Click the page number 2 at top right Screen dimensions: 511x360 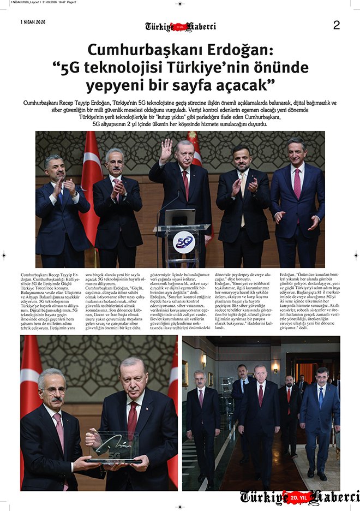pos(336,25)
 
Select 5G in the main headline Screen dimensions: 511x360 pos(73,68)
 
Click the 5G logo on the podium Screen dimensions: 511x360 pos(184,241)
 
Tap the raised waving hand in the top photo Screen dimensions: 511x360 pos(165,150)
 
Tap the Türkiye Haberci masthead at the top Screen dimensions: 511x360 pos(181,26)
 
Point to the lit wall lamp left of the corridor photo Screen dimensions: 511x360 pos(203,360)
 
